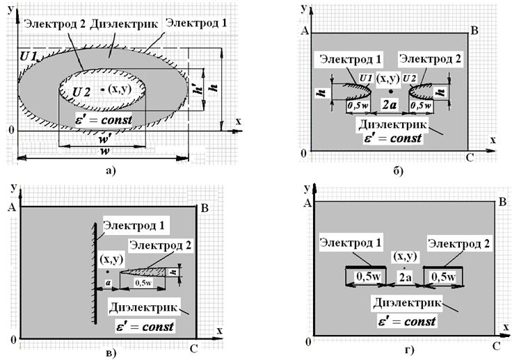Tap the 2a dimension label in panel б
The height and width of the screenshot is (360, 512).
click(x=391, y=105)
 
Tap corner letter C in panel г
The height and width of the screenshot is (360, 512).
click(x=496, y=345)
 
